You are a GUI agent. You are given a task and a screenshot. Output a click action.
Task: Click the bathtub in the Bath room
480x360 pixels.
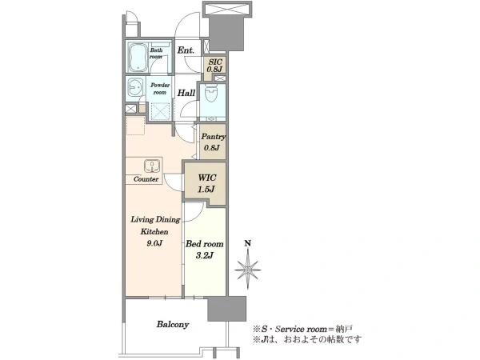pyautogui.click(x=138, y=57)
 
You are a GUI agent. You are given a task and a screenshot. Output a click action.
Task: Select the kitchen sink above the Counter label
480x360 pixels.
pyautogui.click(x=152, y=166)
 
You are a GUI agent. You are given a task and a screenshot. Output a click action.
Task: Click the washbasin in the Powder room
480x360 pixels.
pyautogui.click(x=134, y=88)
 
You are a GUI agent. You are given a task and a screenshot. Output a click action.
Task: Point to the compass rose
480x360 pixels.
pyautogui.click(x=248, y=270)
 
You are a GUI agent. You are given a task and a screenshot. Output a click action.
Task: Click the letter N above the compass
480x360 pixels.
pyautogui.click(x=248, y=244)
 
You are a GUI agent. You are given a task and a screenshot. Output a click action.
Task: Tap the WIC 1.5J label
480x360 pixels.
pyautogui.click(x=206, y=183)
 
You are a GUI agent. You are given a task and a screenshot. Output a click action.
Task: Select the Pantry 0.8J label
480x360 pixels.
pyautogui.click(x=213, y=142)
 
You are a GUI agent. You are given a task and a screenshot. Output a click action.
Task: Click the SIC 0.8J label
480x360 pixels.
pyautogui.click(x=214, y=66)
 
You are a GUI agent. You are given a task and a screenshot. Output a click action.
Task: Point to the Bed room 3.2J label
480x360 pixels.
pyautogui.click(x=205, y=250)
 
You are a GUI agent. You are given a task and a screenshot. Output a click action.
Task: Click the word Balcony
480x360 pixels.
pyautogui.click(x=173, y=324)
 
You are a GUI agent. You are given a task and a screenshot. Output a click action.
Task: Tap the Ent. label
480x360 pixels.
pyautogui.click(x=186, y=50)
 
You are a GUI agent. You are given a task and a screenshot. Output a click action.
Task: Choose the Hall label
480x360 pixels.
pyautogui.click(x=186, y=93)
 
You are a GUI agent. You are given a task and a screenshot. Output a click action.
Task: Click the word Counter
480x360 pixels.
pyautogui.click(x=146, y=179)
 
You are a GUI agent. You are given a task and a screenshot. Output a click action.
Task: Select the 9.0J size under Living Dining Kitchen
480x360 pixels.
pyautogui.click(x=154, y=244)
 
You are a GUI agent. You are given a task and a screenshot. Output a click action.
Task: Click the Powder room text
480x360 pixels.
pyautogui.click(x=160, y=89)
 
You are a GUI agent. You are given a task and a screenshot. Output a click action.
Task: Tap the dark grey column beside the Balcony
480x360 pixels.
pyautogui.click(x=227, y=309)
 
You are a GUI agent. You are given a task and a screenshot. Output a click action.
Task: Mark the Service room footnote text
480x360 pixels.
pyautogui.click(x=302, y=330)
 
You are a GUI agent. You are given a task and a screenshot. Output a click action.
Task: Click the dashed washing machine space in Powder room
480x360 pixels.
pyautogui.click(x=160, y=111)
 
